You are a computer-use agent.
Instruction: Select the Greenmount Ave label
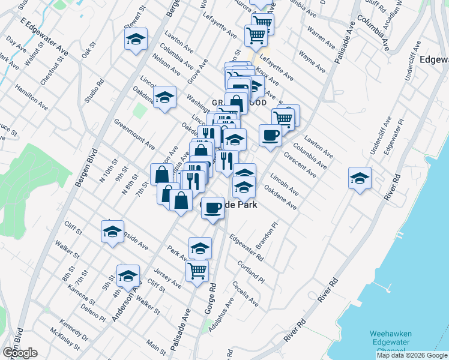point(134,134)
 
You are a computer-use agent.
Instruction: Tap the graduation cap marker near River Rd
point(360,178)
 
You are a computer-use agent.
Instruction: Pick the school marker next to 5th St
point(127,275)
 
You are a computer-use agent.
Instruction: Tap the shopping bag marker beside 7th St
point(161,175)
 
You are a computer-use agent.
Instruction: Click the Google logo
point(19,352)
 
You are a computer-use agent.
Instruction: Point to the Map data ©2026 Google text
point(412,355)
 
